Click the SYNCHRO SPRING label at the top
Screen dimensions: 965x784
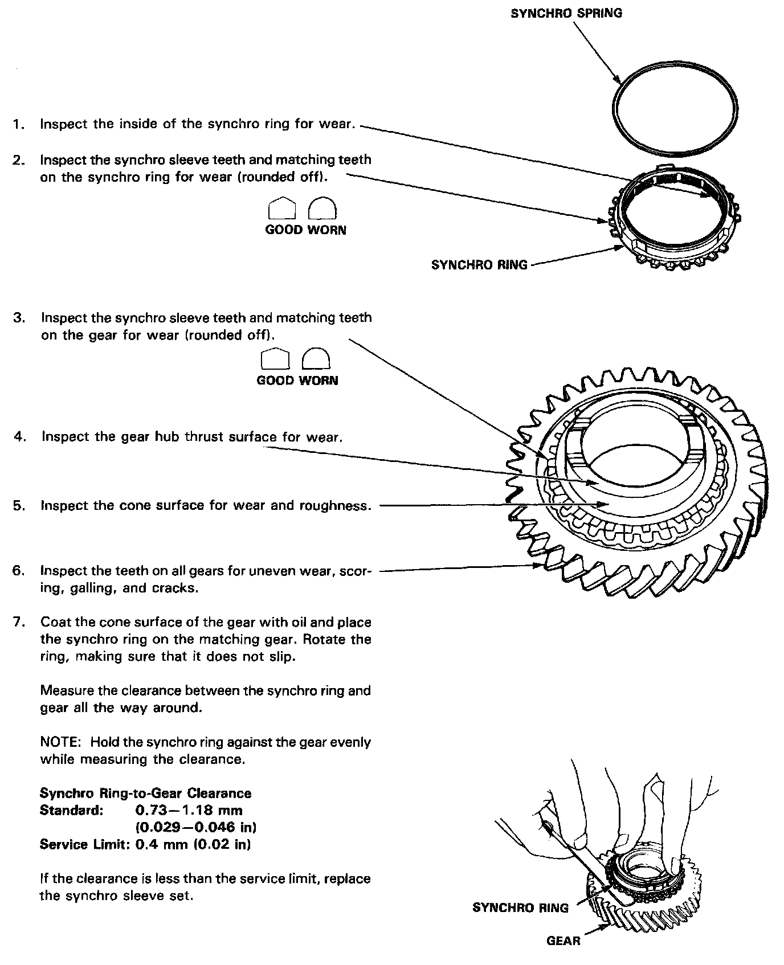point(566,13)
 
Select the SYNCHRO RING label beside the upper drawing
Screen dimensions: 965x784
point(479,265)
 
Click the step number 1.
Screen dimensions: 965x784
point(18,124)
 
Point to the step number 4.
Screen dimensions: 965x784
point(19,437)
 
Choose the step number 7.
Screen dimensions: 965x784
point(19,622)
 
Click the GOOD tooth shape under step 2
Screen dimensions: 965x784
point(281,208)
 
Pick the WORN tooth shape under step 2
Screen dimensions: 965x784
point(322,208)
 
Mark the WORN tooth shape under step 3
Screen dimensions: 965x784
point(316,359)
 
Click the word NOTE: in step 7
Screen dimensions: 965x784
point(62,742)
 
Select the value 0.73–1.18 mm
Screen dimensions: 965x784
point(189,811)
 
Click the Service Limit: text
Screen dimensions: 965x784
point(85,844)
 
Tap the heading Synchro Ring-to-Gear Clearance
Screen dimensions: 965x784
point(145,794)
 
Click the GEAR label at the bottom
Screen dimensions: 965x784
point(563,941)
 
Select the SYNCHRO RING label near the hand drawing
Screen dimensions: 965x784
point(520,908)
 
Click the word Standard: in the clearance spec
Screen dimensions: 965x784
point(71,811)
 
